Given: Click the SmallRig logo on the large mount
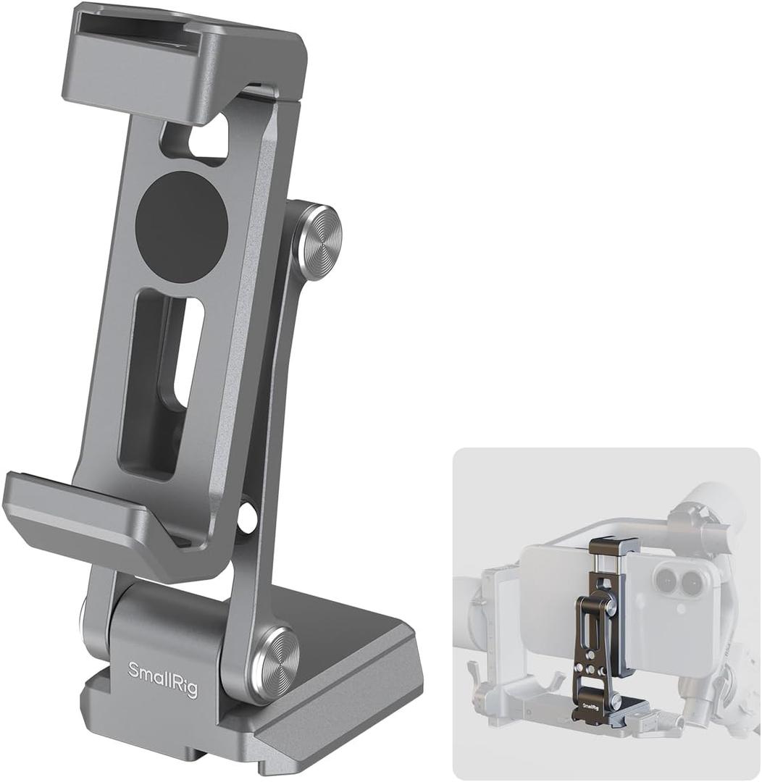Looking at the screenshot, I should coord(162,680).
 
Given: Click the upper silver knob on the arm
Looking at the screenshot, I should coord(317,243).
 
